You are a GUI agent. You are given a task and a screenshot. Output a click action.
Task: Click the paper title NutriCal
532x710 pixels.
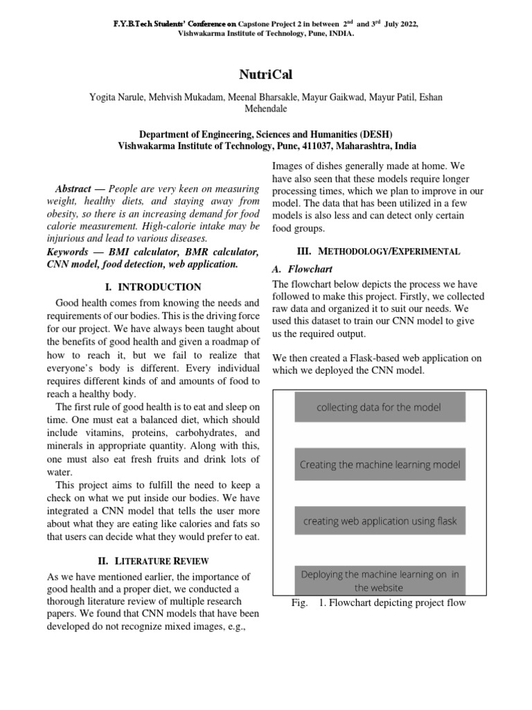coord(266,74)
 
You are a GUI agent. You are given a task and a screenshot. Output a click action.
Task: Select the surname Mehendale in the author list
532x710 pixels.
coord(266,109)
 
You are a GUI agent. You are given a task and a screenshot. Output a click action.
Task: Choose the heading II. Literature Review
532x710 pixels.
coord(152,560)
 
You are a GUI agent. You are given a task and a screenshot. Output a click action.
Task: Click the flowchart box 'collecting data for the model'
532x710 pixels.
coord(379,407)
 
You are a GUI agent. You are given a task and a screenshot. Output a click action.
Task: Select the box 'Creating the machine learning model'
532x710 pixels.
coord(379,465)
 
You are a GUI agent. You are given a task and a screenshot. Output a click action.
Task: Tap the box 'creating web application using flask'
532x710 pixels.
coord(379,521)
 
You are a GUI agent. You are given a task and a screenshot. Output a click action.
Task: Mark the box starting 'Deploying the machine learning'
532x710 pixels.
coord(379,580)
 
